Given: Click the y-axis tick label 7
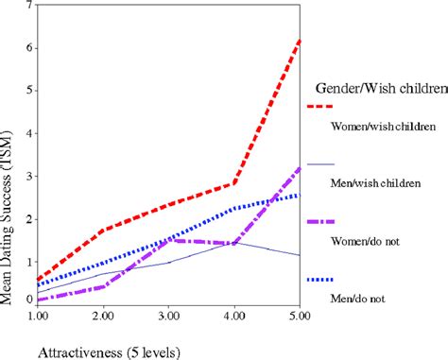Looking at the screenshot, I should pyautogui.click(x=30, y=6).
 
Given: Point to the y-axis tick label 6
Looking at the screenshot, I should pyautogui.click(x=30, y=47).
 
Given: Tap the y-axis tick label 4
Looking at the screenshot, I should pyautogui.click(x=30, y=131).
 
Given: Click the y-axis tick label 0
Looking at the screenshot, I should pyautogui.click(x=30, y=300).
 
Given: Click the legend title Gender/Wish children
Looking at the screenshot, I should pyautogui.click(x=378, y=90).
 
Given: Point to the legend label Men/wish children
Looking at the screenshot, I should pyautogui.click(x=375, y=184).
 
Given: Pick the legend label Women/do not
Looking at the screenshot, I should pyautogui.click(x=364, y=241).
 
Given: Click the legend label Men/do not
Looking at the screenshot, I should pyautogui.click(x=357, y=300).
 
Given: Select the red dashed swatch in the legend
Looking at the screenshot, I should pyautogui.click(x=322, y=105).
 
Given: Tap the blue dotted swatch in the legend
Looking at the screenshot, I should pyautogui.click(x=322, y=279).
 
